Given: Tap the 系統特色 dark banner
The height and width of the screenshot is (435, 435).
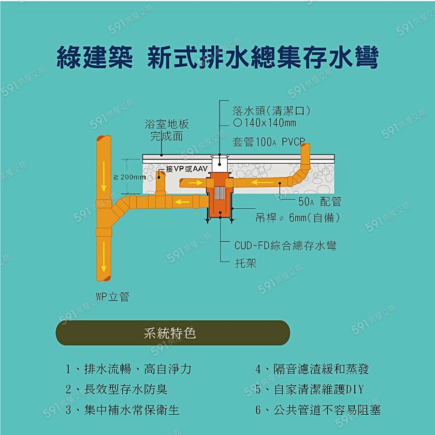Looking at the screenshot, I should [x=173, y=333].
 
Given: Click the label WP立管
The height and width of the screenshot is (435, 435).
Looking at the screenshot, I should [x=112, y=297].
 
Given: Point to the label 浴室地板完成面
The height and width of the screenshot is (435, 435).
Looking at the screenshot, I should [x=167, y=130].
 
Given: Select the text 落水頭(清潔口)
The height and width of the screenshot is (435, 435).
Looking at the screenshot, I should [x=271, y=111].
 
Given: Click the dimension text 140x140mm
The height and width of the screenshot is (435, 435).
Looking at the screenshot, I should [x=269, y=123].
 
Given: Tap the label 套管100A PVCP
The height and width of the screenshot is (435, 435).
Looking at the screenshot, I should [x=269, y=142].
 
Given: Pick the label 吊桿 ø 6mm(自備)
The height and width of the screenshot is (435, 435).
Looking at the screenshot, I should [x=297, y=218].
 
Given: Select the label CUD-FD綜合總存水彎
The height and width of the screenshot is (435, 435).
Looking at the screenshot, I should [x=285, y=246].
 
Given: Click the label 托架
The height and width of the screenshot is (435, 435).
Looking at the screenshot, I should [x=246, y=263].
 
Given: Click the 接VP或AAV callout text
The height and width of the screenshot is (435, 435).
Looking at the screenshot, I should [x=186, y=169].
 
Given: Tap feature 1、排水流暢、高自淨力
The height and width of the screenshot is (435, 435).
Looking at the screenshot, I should [x=129, y=369].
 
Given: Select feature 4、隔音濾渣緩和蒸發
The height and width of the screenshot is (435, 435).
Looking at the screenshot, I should [x=312, y=369].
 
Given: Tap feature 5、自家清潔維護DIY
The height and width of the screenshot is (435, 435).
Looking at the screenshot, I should [x=309, y=390].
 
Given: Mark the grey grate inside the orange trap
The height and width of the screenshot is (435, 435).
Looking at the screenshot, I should [x=220, y=194].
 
